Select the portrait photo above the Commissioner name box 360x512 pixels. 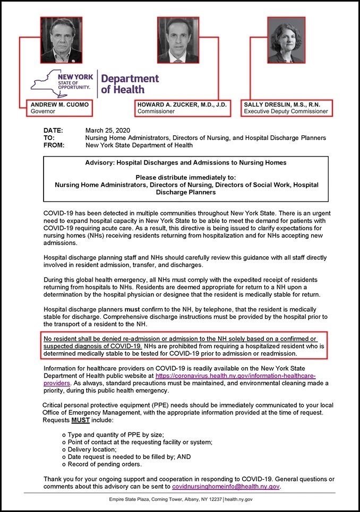177,40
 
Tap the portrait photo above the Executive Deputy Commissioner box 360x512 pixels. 286,40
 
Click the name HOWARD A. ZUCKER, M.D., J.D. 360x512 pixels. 182,105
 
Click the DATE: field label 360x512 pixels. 53,131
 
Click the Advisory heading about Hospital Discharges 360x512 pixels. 186,162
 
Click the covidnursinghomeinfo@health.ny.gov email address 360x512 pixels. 226,486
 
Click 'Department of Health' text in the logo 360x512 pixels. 130,83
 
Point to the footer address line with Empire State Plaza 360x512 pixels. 180,499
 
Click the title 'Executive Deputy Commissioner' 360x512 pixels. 286,112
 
